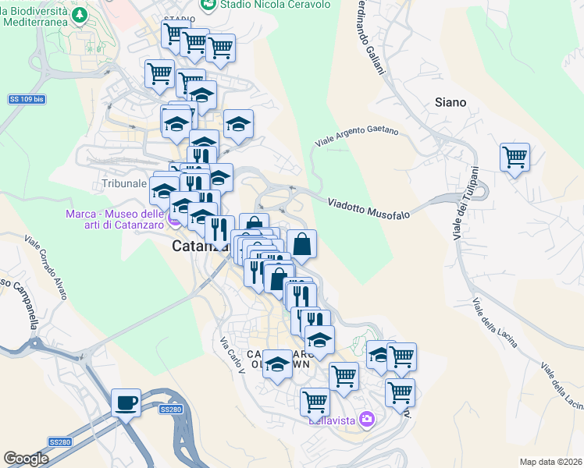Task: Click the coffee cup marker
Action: point(126,402)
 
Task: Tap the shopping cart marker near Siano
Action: point(515,157)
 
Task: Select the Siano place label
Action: point(450,102)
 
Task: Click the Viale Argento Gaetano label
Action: point(357,136)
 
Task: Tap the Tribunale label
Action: point(124,184)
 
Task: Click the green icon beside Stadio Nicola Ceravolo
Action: point(208,5)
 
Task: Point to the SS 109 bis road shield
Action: point(26,99)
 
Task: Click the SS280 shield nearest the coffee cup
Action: point(170,409)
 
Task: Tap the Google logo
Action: point(26,459)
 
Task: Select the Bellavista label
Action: point(332,420)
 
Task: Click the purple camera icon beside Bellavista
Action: point(367,420)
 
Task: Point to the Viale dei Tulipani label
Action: point(465,204)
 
